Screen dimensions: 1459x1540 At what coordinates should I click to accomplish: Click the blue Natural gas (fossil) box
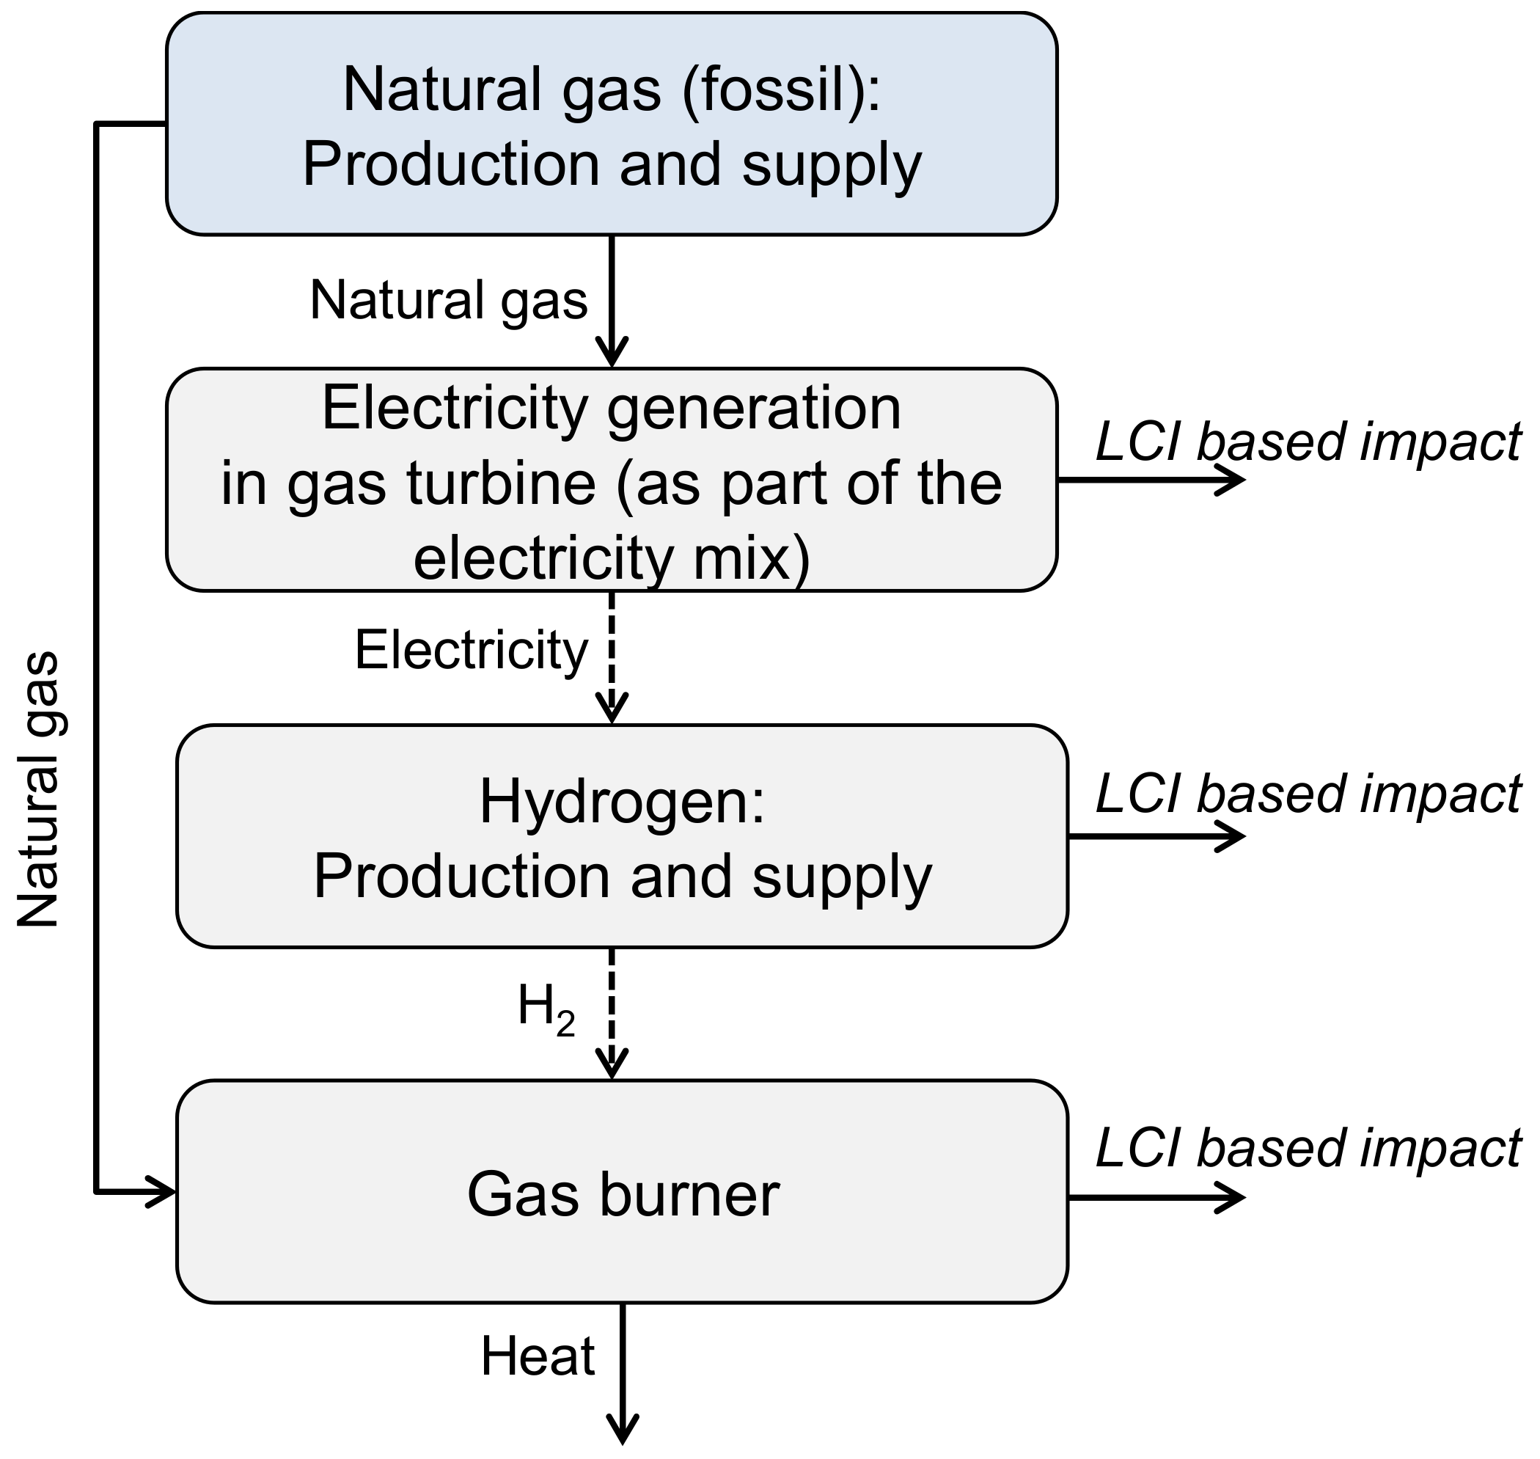[611, 125]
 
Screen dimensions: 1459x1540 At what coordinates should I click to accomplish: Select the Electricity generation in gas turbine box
[611, 480]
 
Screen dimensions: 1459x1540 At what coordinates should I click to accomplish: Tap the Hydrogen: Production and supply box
[622, 837]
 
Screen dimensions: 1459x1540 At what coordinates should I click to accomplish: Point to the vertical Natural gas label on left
[39, 789]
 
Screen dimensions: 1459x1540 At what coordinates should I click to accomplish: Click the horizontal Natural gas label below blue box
[449, 301]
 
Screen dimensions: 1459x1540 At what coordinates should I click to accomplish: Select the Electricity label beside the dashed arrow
[471, 650]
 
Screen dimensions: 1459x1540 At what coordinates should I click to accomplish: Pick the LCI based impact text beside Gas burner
[1308, 1148]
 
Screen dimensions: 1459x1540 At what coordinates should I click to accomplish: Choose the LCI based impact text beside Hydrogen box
[1308, 793]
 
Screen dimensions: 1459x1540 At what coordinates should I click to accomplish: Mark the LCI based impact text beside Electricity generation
[1308, 442]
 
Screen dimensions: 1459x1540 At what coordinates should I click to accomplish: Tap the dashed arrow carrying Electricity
[612, 657]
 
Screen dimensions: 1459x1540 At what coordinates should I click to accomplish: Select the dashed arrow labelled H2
[612, 1012]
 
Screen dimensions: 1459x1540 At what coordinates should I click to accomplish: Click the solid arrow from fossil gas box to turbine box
[612, 299]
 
